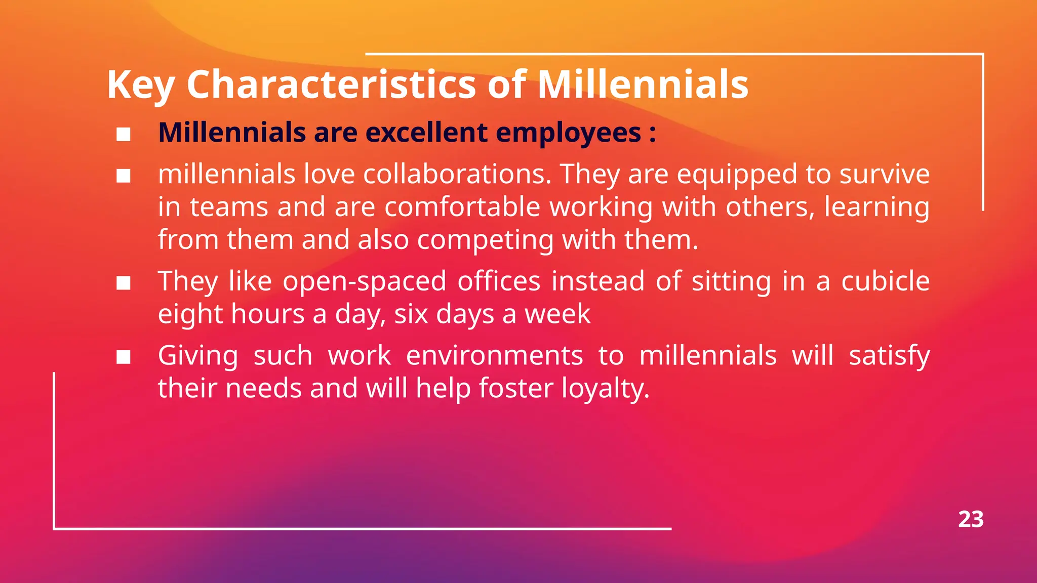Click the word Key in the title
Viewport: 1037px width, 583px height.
click(140, 85)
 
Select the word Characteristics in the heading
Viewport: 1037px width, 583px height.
click(331, 84)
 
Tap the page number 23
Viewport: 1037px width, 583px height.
click(971, 520)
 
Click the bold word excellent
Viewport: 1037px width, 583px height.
click(426, 133)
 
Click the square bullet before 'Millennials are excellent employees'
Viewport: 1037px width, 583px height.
click(124, 134)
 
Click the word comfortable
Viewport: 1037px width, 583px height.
click(462, 207)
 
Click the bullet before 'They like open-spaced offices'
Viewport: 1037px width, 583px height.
click(124, 283)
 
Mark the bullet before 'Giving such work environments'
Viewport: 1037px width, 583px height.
click(124, 357)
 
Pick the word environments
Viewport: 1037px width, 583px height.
click(494, 355)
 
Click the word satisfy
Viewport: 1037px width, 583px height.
click(889, 356)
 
